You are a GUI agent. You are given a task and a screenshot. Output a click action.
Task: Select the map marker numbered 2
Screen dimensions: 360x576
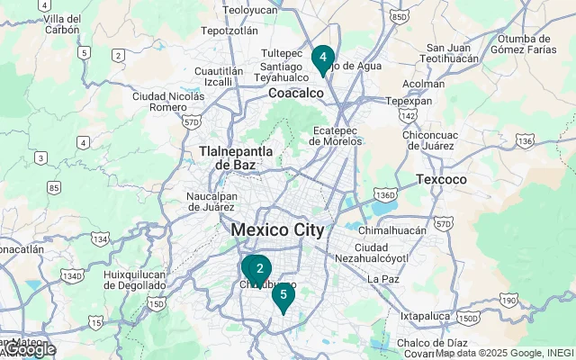click(x=259, y=269)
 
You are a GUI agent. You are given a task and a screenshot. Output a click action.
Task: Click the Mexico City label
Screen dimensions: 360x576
click(x=277, y=229)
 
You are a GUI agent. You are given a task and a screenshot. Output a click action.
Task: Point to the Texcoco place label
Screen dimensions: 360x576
click(x=442, y=180)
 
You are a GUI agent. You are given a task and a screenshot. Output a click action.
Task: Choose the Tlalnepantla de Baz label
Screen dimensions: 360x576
click(x=229, y=158)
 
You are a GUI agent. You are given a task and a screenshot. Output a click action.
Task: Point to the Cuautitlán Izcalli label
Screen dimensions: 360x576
click(x=219, y=76)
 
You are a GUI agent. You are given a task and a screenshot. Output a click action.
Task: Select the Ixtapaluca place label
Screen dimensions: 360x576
click(x=425, y=316)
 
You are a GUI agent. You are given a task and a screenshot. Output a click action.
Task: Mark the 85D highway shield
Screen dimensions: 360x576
click(x=400, y=16)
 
